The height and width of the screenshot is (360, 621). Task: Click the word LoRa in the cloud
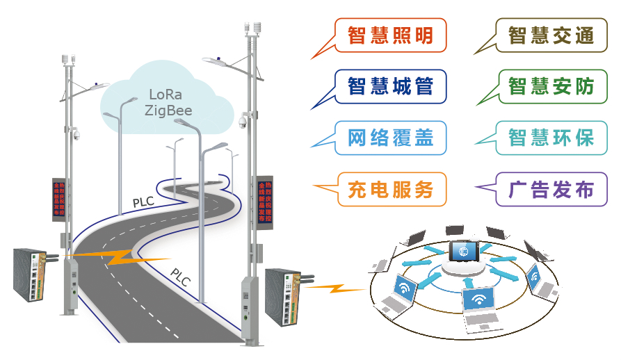pos(167,95)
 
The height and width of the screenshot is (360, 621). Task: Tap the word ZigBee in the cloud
pos(168,110)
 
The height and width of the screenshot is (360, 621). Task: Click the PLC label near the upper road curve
pos(143,202)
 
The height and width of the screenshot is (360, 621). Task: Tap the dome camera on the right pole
pos(242,122)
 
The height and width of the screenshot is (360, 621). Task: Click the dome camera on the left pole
pos(76,135)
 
